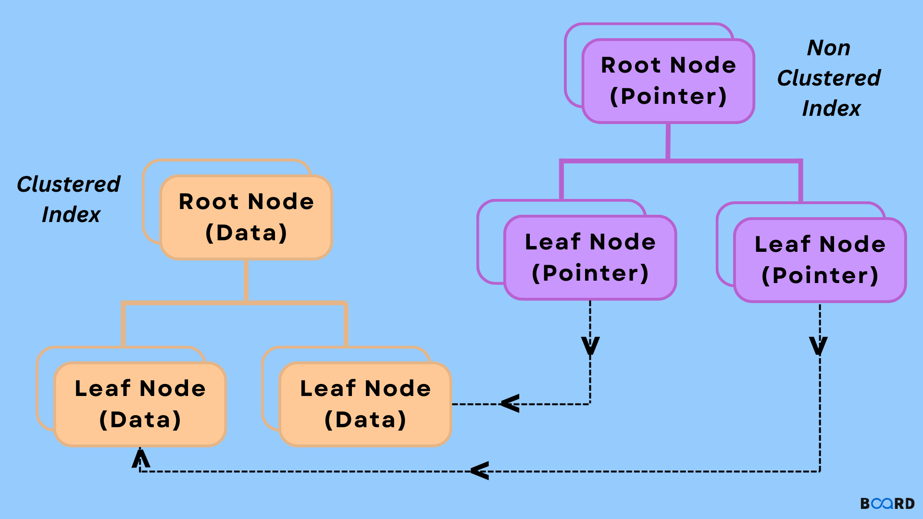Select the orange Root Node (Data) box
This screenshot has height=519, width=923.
(246, 217)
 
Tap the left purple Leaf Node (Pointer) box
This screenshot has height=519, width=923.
(590, 258)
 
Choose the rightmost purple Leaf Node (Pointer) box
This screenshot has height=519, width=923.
(820, 260)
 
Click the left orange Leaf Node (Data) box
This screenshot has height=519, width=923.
(140, 404)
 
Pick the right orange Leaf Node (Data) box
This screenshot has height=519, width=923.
(365, 404)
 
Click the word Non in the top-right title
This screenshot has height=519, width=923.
(828, 48)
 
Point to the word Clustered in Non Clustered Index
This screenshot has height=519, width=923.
(829, 78)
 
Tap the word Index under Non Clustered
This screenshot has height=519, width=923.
(831, 108)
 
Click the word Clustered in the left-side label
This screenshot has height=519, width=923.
(68, 184)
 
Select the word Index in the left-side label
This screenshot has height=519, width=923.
(71, 214)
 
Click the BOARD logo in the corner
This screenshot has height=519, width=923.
(887, 503)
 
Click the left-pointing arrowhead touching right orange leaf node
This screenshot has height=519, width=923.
(510, 403)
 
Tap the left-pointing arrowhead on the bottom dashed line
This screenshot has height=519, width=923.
(480, 470)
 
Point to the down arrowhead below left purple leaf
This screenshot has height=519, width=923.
(590, 346)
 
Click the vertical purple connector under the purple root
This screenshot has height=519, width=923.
(668, 141)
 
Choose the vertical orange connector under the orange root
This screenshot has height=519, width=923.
(246, 281)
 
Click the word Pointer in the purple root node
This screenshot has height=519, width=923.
(668, 96)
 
